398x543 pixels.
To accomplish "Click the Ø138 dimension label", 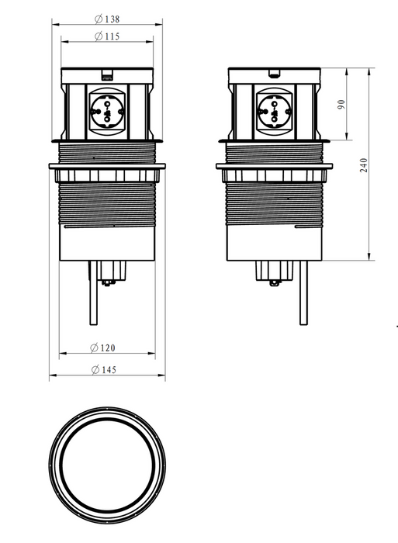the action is click(107, 19).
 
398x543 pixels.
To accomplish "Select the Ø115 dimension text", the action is click(107, 36).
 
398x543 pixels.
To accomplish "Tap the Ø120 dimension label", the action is click(102, 348).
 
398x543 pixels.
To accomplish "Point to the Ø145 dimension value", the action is click(103, 369).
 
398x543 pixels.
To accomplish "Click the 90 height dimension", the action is click(341, 104).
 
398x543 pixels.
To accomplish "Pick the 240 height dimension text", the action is click(363, 165).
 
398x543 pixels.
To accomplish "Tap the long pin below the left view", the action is click(94, 292).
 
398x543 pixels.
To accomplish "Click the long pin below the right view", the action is click(303, 292).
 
